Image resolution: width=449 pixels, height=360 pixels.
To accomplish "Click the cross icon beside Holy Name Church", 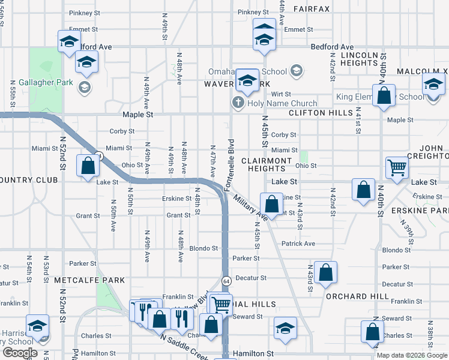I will [237, 104].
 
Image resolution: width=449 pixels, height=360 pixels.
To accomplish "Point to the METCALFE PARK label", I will [89, 280].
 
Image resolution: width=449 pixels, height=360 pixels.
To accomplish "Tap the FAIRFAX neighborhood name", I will [312, 9].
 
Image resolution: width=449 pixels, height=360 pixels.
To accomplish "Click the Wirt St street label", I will [280, 94].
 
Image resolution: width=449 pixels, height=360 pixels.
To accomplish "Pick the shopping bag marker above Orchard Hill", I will [325, 273].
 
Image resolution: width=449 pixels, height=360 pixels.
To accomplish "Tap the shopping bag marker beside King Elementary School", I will [384, 95].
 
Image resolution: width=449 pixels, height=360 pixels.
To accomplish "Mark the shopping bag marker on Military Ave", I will [271, 203].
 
